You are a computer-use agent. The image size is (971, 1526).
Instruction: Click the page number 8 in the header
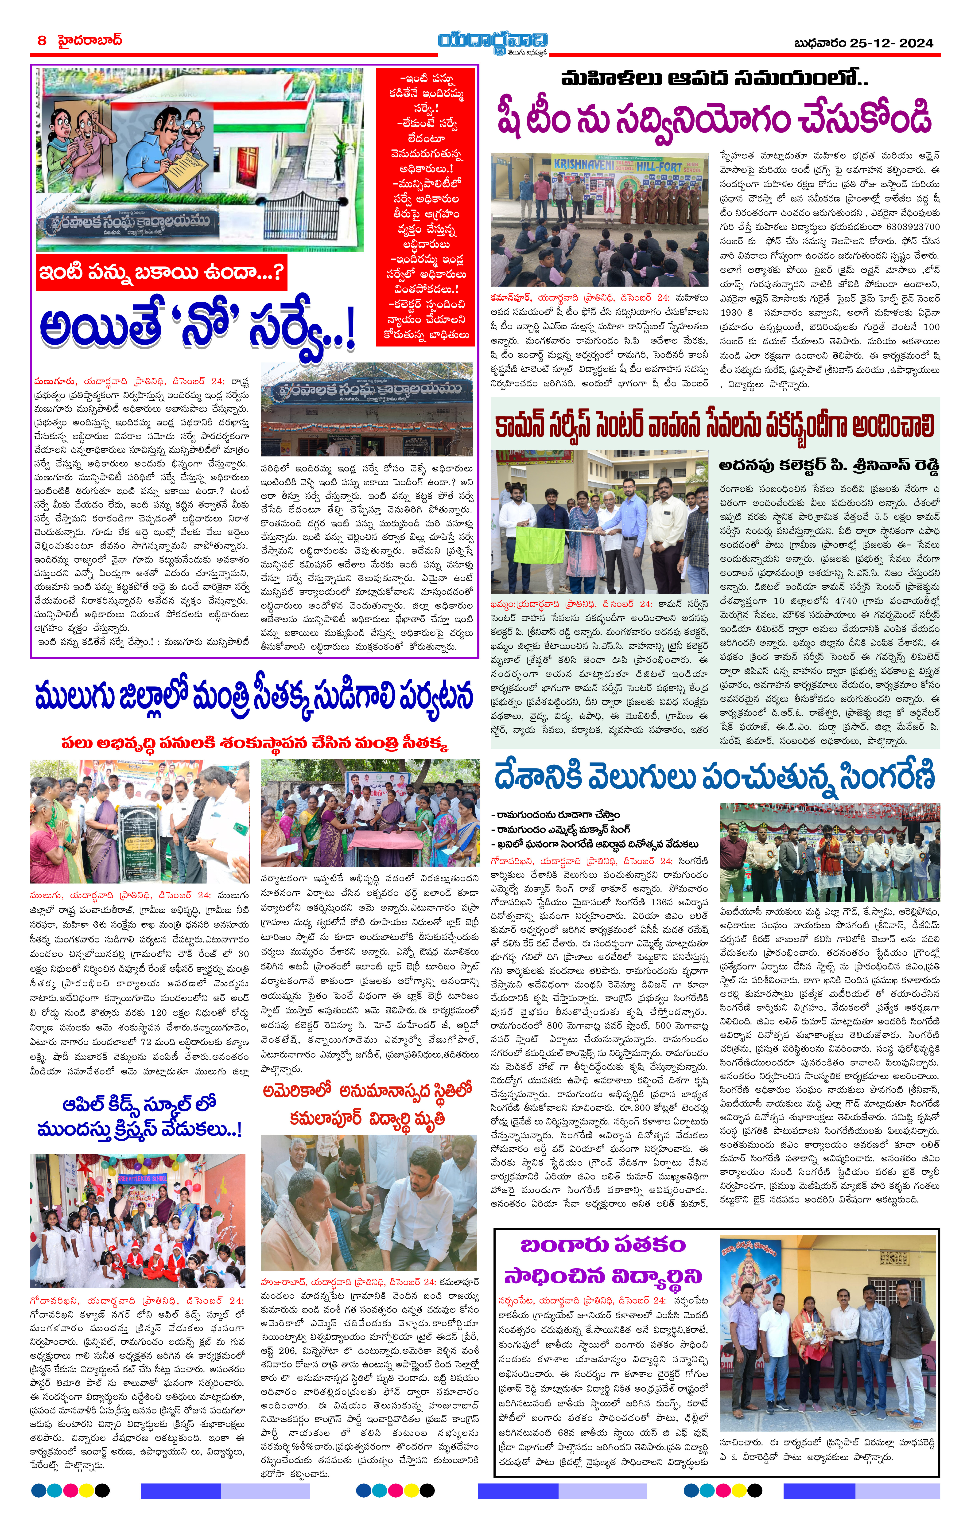coord(42,41)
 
